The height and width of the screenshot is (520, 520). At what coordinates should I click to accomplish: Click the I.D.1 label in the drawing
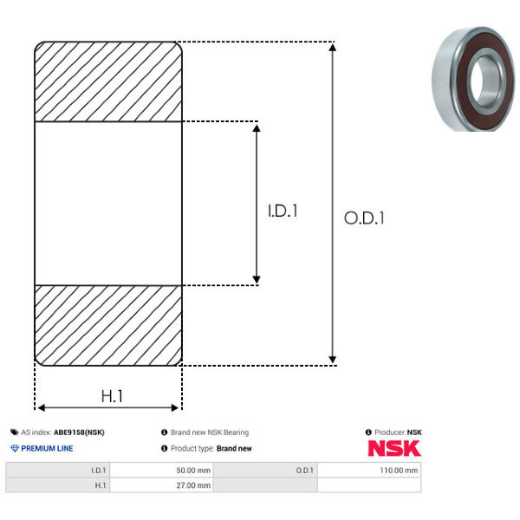point(283,211)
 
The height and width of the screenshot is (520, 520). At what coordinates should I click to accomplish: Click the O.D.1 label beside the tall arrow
point(364,218)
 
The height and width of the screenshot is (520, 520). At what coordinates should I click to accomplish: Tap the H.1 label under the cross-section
point(112,396)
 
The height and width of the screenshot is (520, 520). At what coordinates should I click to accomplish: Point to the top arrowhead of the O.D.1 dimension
point(333,47)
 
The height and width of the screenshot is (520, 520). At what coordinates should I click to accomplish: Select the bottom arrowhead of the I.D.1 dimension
point(257,280)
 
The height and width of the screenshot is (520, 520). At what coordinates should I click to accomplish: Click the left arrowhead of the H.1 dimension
point(41,407)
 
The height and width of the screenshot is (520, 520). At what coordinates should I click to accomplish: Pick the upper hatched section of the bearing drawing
point(108,81)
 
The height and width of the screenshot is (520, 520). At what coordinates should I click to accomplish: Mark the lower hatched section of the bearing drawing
point(108,325)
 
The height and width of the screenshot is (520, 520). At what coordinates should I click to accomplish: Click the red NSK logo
point(394,448)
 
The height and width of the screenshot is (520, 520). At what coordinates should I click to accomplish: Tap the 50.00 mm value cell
point(161,471)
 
